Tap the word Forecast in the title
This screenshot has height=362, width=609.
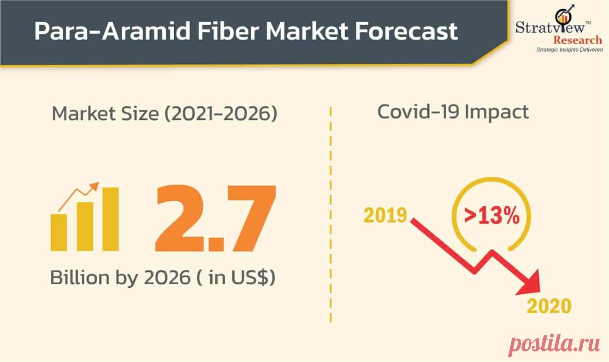tap(406, 31)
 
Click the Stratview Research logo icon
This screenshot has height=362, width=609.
tap(565, 14)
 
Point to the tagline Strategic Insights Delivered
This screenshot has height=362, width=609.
tap(569, 50)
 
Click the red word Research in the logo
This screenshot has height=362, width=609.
tap(578, 40)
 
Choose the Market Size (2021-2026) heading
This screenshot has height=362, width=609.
tap(165, 113)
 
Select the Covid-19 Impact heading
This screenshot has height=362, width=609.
tap(453, 112)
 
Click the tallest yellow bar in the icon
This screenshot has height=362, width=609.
tap(111, 219)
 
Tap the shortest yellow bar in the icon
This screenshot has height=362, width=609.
tap(59, 232)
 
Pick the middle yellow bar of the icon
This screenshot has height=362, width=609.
tap(85, 227)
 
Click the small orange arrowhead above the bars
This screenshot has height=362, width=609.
tap(95, 187)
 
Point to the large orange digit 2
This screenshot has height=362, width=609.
tap(180, 218)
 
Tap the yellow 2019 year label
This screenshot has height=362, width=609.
tap(385, 216)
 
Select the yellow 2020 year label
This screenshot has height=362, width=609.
tap(549, 306)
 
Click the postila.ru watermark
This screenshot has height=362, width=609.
tap(554, 343)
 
